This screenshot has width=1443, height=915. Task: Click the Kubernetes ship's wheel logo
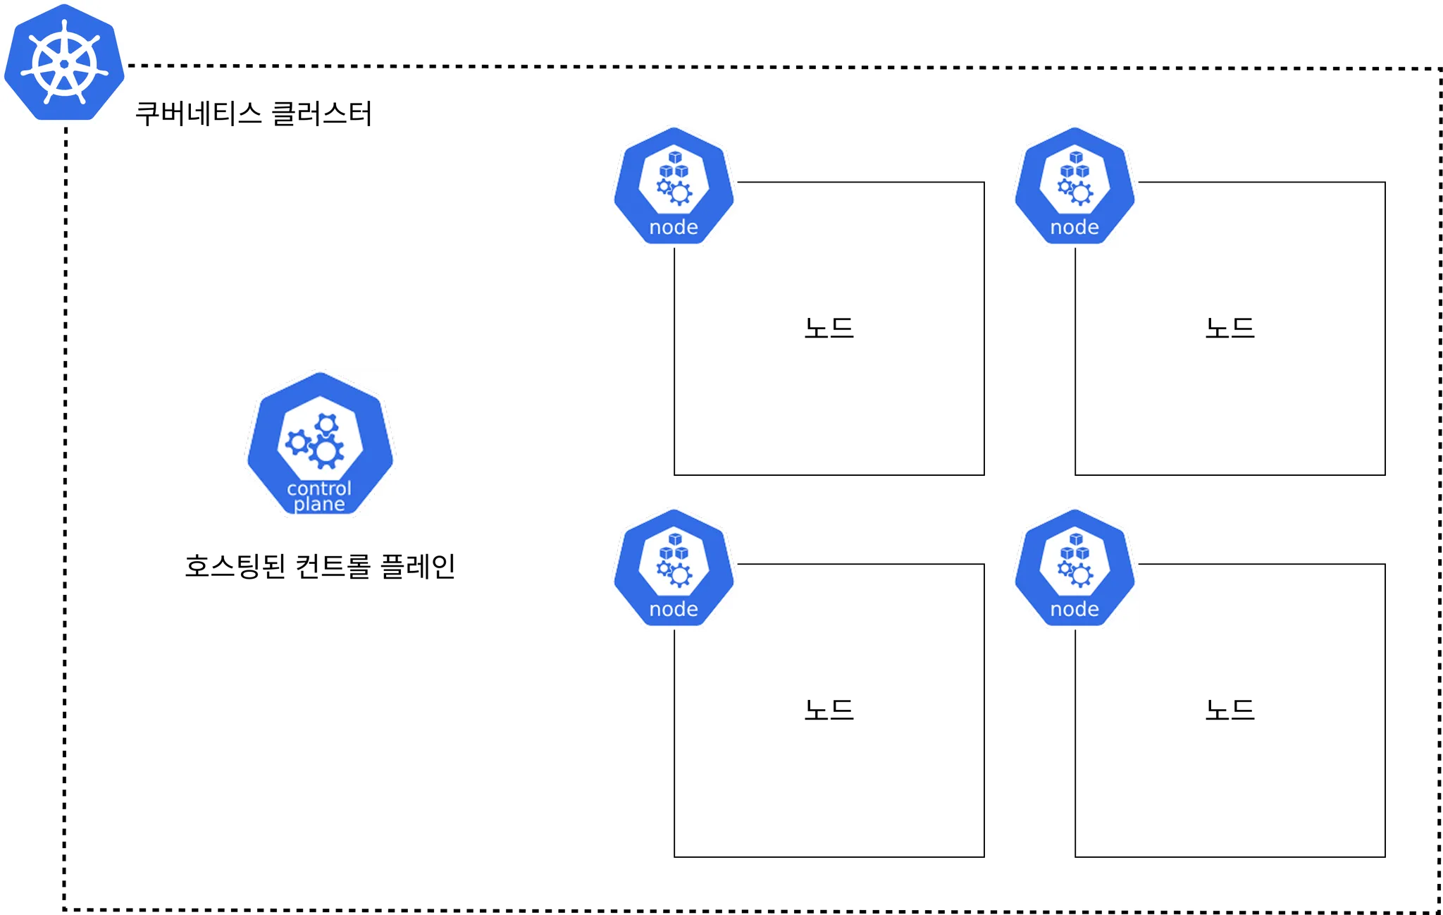coord(64,62)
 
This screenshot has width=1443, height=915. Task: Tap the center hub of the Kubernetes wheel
coord(64,64)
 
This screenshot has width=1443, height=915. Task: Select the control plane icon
coord(321,442)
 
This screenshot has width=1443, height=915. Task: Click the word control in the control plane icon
coord(319,488)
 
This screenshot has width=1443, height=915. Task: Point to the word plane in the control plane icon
coord(319,504)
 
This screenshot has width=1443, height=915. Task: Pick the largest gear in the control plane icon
coord(326,451)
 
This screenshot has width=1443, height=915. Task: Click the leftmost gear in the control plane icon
coord(297,443)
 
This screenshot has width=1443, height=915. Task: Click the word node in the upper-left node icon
coord(674,227)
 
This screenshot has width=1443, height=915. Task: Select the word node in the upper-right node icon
coord(1074,227)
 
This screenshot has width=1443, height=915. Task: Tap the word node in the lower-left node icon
coord(674,609)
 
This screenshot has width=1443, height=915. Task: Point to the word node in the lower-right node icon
coord(1074,609)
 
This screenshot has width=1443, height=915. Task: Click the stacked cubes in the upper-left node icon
coord(674,165)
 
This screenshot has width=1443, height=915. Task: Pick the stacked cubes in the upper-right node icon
coord(1075,165)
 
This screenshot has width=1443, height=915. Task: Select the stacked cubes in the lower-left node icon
coord(674,547)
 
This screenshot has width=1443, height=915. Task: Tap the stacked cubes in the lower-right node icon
coord(1075,547)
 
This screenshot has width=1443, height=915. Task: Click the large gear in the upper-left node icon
coord(680,193)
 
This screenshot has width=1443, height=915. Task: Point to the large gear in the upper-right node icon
coord(1081,193)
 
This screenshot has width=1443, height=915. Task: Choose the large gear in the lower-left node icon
coord(680,575)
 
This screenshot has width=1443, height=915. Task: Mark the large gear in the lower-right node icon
coord(1081,575)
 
